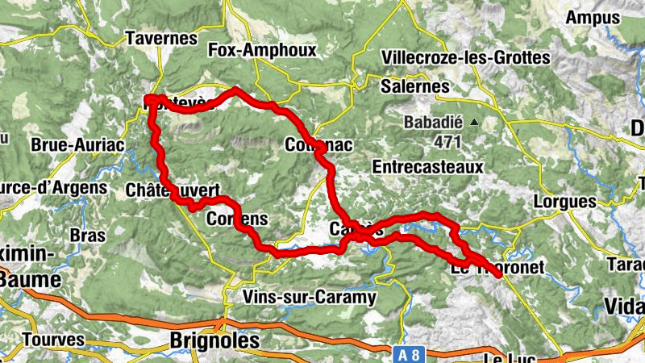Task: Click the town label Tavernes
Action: coord(161,38)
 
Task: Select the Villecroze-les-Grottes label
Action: coord(466,57)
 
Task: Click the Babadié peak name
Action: coord(434,123)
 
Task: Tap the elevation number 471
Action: coord(446,142)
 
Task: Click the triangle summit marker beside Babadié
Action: coord(475,123)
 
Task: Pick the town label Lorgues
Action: coord(565,201)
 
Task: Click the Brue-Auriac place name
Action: coord(77,145)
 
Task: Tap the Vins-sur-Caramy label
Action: coord(310,298)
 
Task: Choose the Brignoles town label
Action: coord(214,341)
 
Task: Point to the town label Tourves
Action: coord(53,340)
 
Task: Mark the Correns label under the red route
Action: coord(237,219)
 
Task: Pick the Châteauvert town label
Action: coord(173,190)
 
